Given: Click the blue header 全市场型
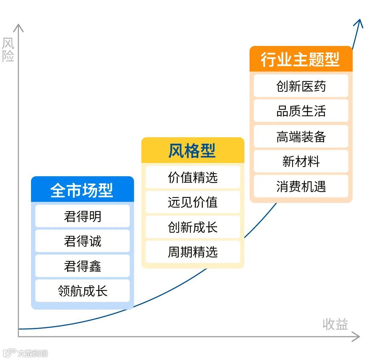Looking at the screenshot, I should [x=82, y=190].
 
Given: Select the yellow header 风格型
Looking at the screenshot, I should [x=192, y=151].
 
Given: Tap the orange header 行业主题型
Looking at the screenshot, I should [x=301, y=59].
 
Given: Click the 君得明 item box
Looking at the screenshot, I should [x=82, y=216].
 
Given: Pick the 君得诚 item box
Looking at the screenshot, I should [x=82, y=241].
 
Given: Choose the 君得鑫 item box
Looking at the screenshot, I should [x=82, y=266].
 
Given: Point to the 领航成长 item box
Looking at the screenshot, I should [x=82, y=291].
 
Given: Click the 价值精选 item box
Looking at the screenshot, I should [x=192, y=177].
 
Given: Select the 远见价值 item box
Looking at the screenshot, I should [x=192, y=202].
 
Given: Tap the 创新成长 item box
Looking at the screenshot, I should [x=192, y=227].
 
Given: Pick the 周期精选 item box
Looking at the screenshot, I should [x=192, y=252].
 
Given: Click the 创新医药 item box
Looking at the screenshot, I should [x=301, y=86].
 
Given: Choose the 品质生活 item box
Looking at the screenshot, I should [x=301, y=111].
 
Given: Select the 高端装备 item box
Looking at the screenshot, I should [x=301, y=136].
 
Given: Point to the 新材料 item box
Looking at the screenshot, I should [x=301, y=161].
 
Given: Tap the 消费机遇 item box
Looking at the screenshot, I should [x=301, y=186].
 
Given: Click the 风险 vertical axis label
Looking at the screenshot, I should [x=8, y=50].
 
